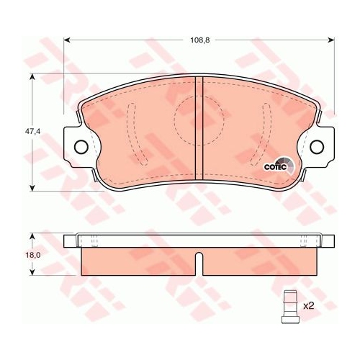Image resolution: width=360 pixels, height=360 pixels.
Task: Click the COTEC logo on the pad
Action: coord(277,166)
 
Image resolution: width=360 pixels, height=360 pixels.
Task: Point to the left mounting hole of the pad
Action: coord(80,148)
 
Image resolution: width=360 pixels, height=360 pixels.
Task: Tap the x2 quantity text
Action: coord(309,306)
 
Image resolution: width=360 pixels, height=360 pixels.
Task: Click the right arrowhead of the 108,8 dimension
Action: coord(332,40)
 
